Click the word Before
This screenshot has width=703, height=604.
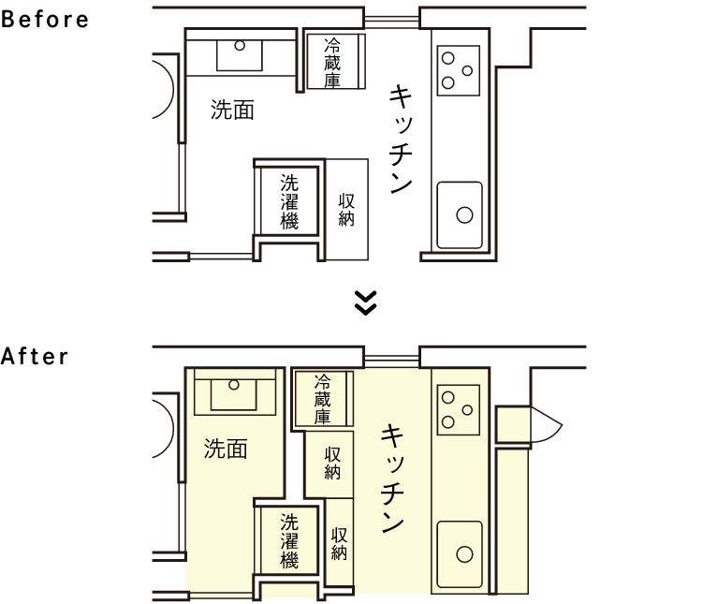click(44, 20)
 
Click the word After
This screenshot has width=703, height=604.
click(35, 357)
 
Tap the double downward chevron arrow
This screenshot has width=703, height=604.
click(365, 303)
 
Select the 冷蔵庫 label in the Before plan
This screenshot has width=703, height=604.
click(332, 63)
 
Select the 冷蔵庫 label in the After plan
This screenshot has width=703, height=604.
click(322, 400)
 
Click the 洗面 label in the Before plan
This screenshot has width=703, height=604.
click(232, 110)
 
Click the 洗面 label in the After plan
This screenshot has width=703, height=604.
click(226, 449)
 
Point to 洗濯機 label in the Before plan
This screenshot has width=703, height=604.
click(289, 201)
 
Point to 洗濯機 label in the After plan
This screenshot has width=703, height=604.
click(289, 541)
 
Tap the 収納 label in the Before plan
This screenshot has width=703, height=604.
click(346, 210)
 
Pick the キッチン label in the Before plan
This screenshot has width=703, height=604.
click(401, 140)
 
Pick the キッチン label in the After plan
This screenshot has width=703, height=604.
click(393, 479)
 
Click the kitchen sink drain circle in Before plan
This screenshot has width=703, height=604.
click(464, 215)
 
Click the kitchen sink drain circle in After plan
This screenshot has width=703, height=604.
click(464, 554)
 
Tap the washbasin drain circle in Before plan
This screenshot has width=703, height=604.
click(240, 45)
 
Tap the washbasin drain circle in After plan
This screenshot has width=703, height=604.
click(234, 385)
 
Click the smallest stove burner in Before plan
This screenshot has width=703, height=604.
click(467, 70)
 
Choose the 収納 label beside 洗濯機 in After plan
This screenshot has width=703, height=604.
click(340, 543)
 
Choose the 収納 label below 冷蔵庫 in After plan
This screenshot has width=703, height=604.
click(332, 464)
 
